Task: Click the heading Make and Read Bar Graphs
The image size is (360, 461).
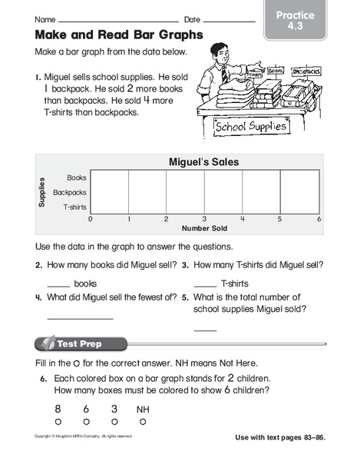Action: [119, 34]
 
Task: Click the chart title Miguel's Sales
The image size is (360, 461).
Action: [203, 162]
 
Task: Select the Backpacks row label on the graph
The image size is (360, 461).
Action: [70, 192]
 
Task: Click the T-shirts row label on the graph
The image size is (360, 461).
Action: [74, 207]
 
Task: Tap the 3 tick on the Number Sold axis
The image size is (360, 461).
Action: [204, 220]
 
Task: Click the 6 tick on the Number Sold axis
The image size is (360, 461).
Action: [318, 220]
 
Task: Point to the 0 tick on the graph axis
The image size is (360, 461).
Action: [91, 220]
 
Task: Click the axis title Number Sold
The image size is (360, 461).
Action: [204, 229]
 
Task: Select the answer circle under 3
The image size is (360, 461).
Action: [114, 423]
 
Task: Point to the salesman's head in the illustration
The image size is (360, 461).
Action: [219, 56]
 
